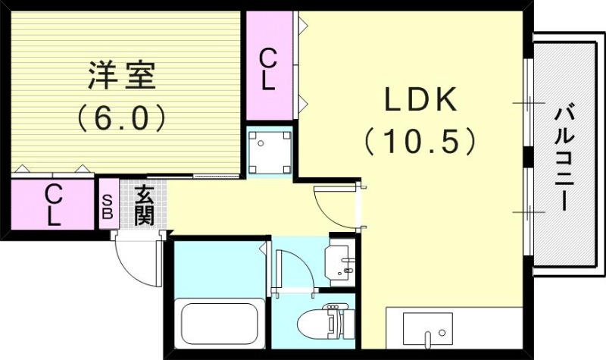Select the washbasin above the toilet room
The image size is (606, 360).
tap(340, 262)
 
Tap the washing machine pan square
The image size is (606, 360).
tap(269, 150)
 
